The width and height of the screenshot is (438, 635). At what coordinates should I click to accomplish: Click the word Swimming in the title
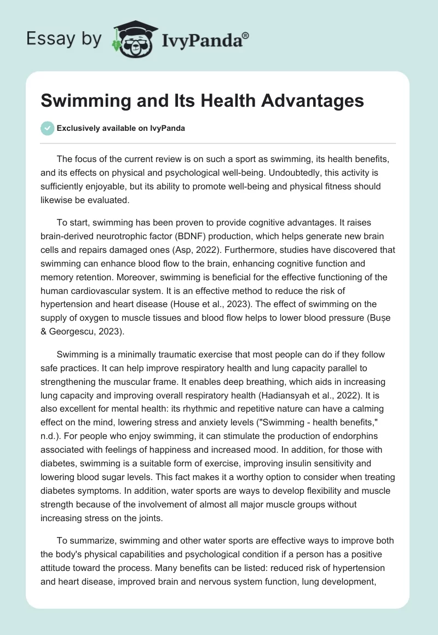click(79, 101)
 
